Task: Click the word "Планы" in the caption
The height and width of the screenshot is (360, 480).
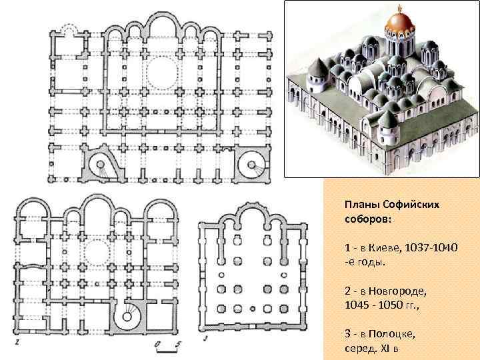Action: click(x=362, y=205)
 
